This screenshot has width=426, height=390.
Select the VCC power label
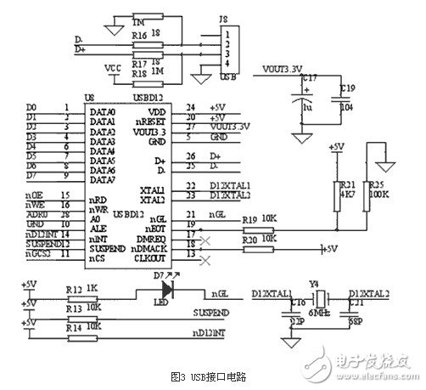coord(109,66)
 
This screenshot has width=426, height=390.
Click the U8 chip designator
coord(87,99)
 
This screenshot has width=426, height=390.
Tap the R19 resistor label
coord(249,219)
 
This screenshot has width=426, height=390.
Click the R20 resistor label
coord(249,240)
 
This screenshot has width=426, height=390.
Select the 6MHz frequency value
coord(318,312)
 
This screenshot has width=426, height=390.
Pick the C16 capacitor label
coord(296,302)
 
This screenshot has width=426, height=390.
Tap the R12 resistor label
coord(74,289)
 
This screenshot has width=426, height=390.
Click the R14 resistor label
coord(74,326)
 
